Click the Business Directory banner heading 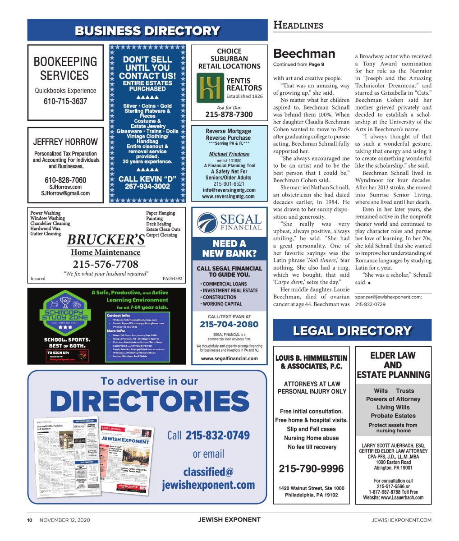147,31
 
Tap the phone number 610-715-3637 65,101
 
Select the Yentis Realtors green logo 210,88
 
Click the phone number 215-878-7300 229,115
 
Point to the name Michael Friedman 229,154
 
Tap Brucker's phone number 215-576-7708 106,264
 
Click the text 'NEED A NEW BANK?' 229,248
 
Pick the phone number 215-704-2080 229,324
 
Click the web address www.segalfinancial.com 229,358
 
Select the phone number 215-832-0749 217,436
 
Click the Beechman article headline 304,54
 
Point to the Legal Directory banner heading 352,330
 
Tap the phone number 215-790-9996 311,469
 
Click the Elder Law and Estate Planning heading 393,365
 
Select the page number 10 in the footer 30,520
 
